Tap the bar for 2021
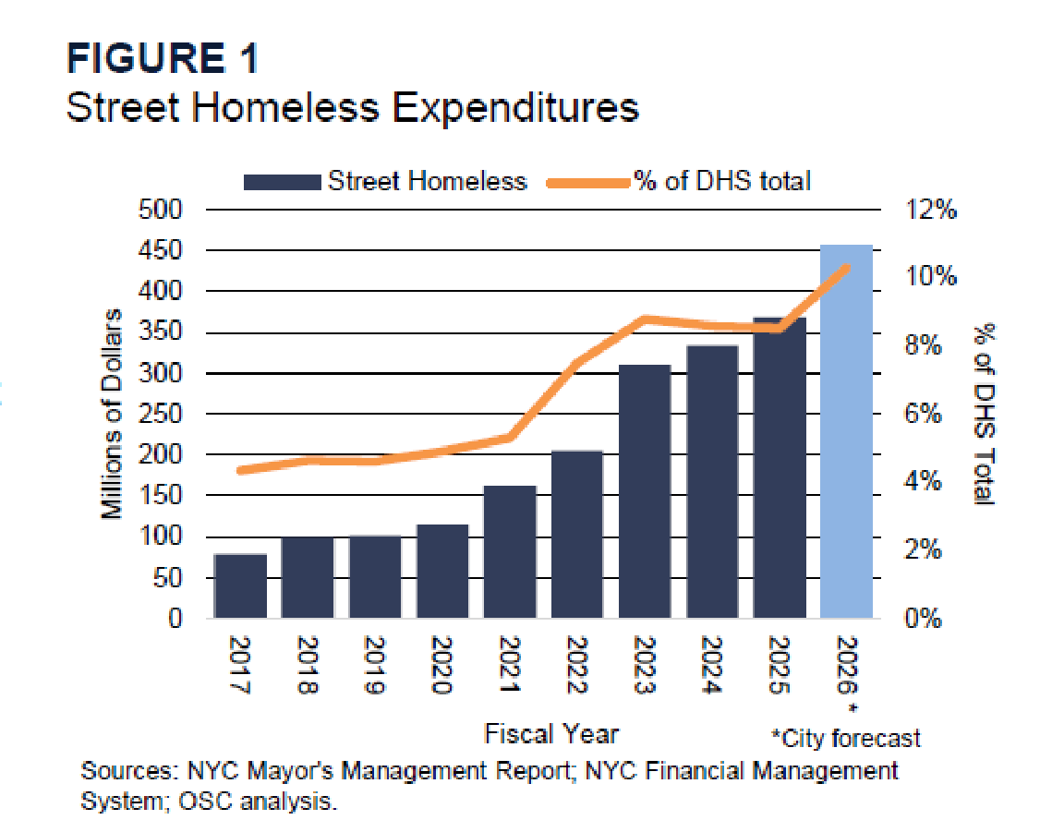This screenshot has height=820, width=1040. point(510,551)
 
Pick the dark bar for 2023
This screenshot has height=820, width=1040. point(645,490)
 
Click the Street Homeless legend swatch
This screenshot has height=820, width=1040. point(281,181)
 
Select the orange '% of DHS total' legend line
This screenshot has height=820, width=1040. point(587,181)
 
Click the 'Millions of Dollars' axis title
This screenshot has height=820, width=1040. point(112,414)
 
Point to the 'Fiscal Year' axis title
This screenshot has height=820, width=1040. point(551,734)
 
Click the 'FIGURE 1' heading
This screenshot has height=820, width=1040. point(163,60)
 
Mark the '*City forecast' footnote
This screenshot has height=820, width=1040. point(846,738)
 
